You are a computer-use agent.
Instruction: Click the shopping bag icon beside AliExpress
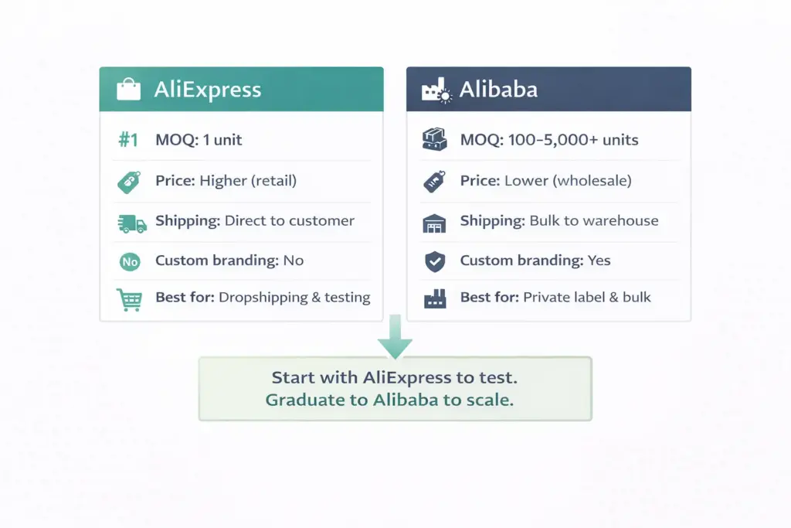click(x=128, y=90)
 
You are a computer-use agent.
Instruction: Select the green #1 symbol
click(x=128, y=140)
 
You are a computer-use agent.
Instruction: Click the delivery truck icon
click(x=131, y=223)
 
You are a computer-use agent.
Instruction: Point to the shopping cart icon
click(x=128, y=299)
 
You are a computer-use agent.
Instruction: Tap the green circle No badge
click(x=129, y=262)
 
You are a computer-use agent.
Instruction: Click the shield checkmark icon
click(x=435, y=261)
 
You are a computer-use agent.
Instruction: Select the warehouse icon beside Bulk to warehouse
click(x=435, y=223)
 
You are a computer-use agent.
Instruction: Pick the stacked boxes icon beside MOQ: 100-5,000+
click(x=435, y=140)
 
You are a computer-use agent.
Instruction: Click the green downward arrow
click(x=395, y=340)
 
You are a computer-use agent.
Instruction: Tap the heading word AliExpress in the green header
click(x=207, y=90)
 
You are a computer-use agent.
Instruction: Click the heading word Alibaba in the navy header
click(x=498, y=90)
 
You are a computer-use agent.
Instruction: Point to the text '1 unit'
click(x=222, y=140)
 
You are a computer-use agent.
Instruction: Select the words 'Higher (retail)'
click(x=248, y=181)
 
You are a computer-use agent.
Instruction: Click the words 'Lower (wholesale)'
click(x=568, y=181)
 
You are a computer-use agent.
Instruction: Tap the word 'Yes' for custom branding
click(x=599, y=261)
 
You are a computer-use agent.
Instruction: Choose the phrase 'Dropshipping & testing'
click(x=294, y=298)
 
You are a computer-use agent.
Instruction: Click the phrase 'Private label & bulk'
click(x=587, y=298)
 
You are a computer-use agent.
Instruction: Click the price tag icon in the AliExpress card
click(x=128, y=182)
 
